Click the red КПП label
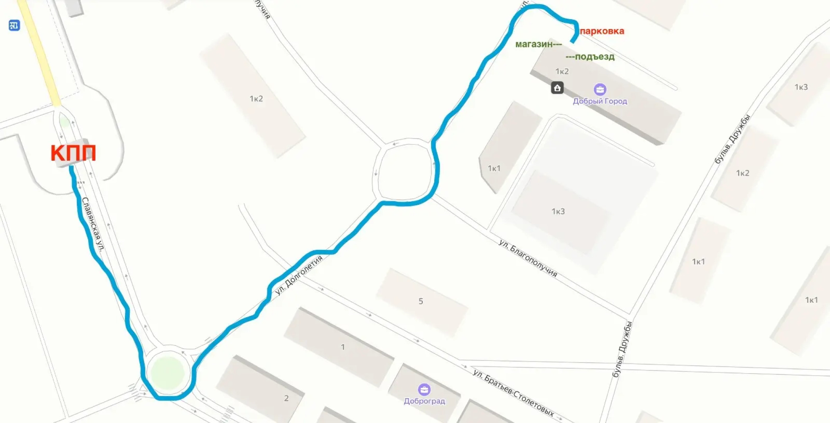[x=73, y=153]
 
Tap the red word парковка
[x=602, y=31]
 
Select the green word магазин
[x=534, y=44]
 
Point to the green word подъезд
[x=595, y=57]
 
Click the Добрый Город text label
[x=600, y=101]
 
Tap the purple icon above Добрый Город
[x=600, y=90]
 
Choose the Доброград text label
[x=424, y=401]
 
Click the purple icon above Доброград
[x=424, y=390]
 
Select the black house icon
[x=557, y=88]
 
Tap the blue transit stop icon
[x=14, y=25]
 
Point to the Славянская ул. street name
[x=93, y=224]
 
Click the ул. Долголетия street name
[x=299, y=275]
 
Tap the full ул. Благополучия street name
[x=528, y=258]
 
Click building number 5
[x=420, y=301]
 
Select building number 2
[x=286, y=398]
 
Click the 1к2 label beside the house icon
[x=562, y=71]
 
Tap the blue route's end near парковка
[x=573, y=41]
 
